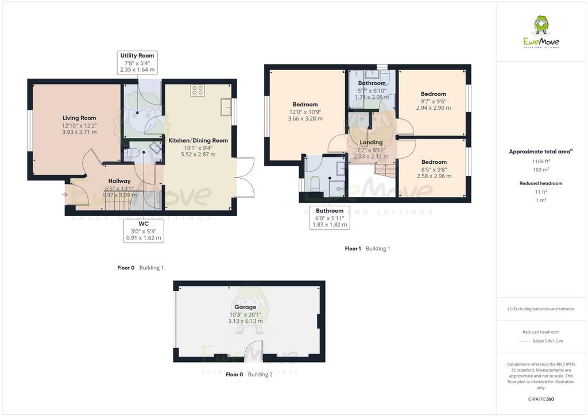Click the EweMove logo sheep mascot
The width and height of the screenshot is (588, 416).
541,25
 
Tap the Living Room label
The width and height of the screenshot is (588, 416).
79,118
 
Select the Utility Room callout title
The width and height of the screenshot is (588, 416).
137,56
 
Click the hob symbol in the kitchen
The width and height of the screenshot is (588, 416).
198,90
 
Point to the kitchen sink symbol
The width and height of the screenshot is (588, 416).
226,107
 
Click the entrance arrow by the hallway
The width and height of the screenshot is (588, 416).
65,195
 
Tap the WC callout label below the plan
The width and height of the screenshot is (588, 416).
144,224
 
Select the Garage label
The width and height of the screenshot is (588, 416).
245,307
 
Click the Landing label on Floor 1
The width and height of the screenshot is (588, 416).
371,142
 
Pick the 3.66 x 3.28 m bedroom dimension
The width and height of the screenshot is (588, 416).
305,118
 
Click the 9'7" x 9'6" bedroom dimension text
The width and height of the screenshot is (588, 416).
434,101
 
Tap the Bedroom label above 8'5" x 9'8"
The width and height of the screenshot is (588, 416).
434,162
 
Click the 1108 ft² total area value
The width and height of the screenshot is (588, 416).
541,161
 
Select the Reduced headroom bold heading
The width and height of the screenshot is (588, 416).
541,183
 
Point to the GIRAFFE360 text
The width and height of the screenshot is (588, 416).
541,399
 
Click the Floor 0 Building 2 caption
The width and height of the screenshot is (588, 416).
249,375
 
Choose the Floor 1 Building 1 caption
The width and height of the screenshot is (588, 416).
367,248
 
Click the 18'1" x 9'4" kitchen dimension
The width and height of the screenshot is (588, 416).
198,148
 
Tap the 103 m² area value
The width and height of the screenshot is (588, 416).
541,170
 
